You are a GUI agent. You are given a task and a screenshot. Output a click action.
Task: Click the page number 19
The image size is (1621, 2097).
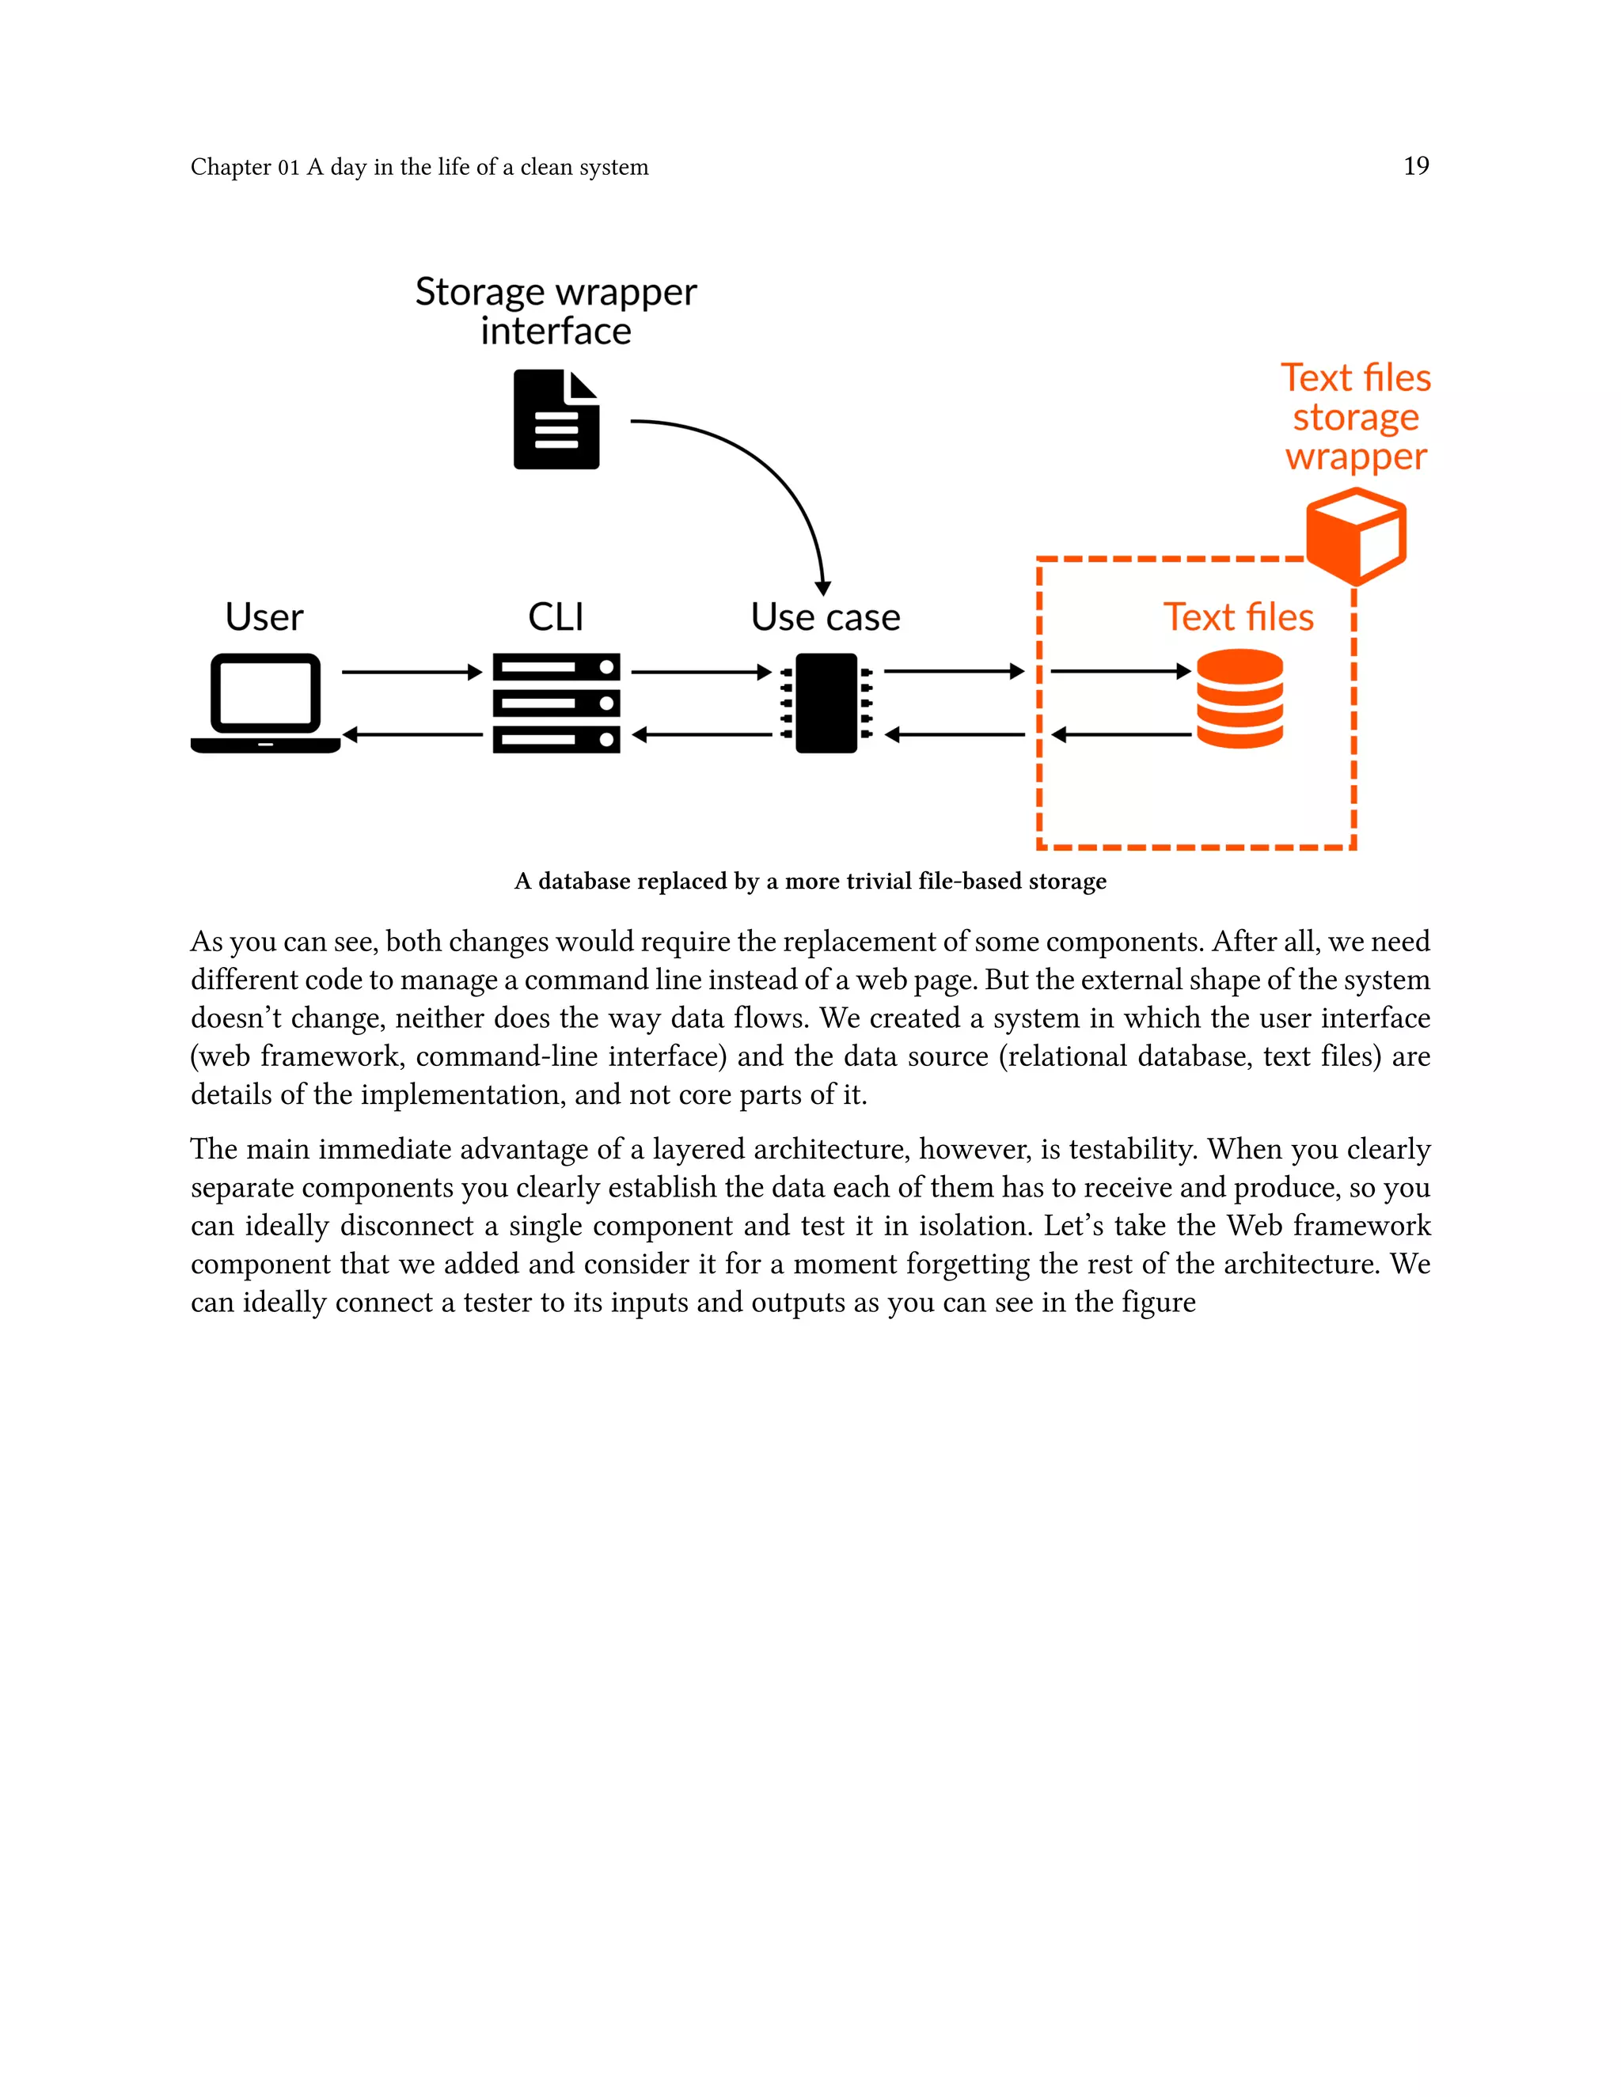pyautogui.click(x=1415, y=166)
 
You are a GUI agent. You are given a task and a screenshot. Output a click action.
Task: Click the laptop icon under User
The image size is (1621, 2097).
pyautogui.click(x=265, y=703)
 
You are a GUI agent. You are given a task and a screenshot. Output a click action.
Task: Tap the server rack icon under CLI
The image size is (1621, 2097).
pyautogui.click(x=556, y=703)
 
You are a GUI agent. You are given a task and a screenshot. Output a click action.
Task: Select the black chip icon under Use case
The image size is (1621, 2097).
pyautogui.click(x=826, y=703)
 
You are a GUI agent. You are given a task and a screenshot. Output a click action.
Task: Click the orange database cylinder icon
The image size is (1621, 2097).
pyautogui.click(x=1239, y=698)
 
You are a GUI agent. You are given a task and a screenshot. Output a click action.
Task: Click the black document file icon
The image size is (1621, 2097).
pyautogui.click(x=556, y=419)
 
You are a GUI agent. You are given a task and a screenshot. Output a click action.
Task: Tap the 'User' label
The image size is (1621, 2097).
pyautogui.click(x=264, y=617)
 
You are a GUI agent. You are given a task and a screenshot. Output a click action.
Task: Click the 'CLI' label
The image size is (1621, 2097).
pyautogui.click(x=556, y=617)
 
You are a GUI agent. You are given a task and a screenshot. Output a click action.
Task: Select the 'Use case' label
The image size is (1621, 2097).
pyautogui.click(x=825, y=617)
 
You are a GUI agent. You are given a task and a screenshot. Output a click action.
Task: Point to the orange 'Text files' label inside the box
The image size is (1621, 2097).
pyautogui.click(x=1238, y=617)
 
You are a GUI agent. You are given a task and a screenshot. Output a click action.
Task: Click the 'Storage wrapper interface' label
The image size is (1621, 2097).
pyautogui.click(x=556, y=311)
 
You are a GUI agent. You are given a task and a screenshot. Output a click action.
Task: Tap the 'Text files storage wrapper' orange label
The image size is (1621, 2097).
pyautogui.click(x=1355, y=417)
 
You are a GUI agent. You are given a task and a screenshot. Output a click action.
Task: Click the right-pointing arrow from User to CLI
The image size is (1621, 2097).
pyautogui.click(x=411, y=672)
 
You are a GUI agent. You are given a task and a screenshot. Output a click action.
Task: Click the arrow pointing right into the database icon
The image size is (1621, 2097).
pyautogui.click(x=1121, y=671)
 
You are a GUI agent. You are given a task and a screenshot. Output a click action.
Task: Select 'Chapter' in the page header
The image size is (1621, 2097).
pyautogui.click(x=230, y=167)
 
